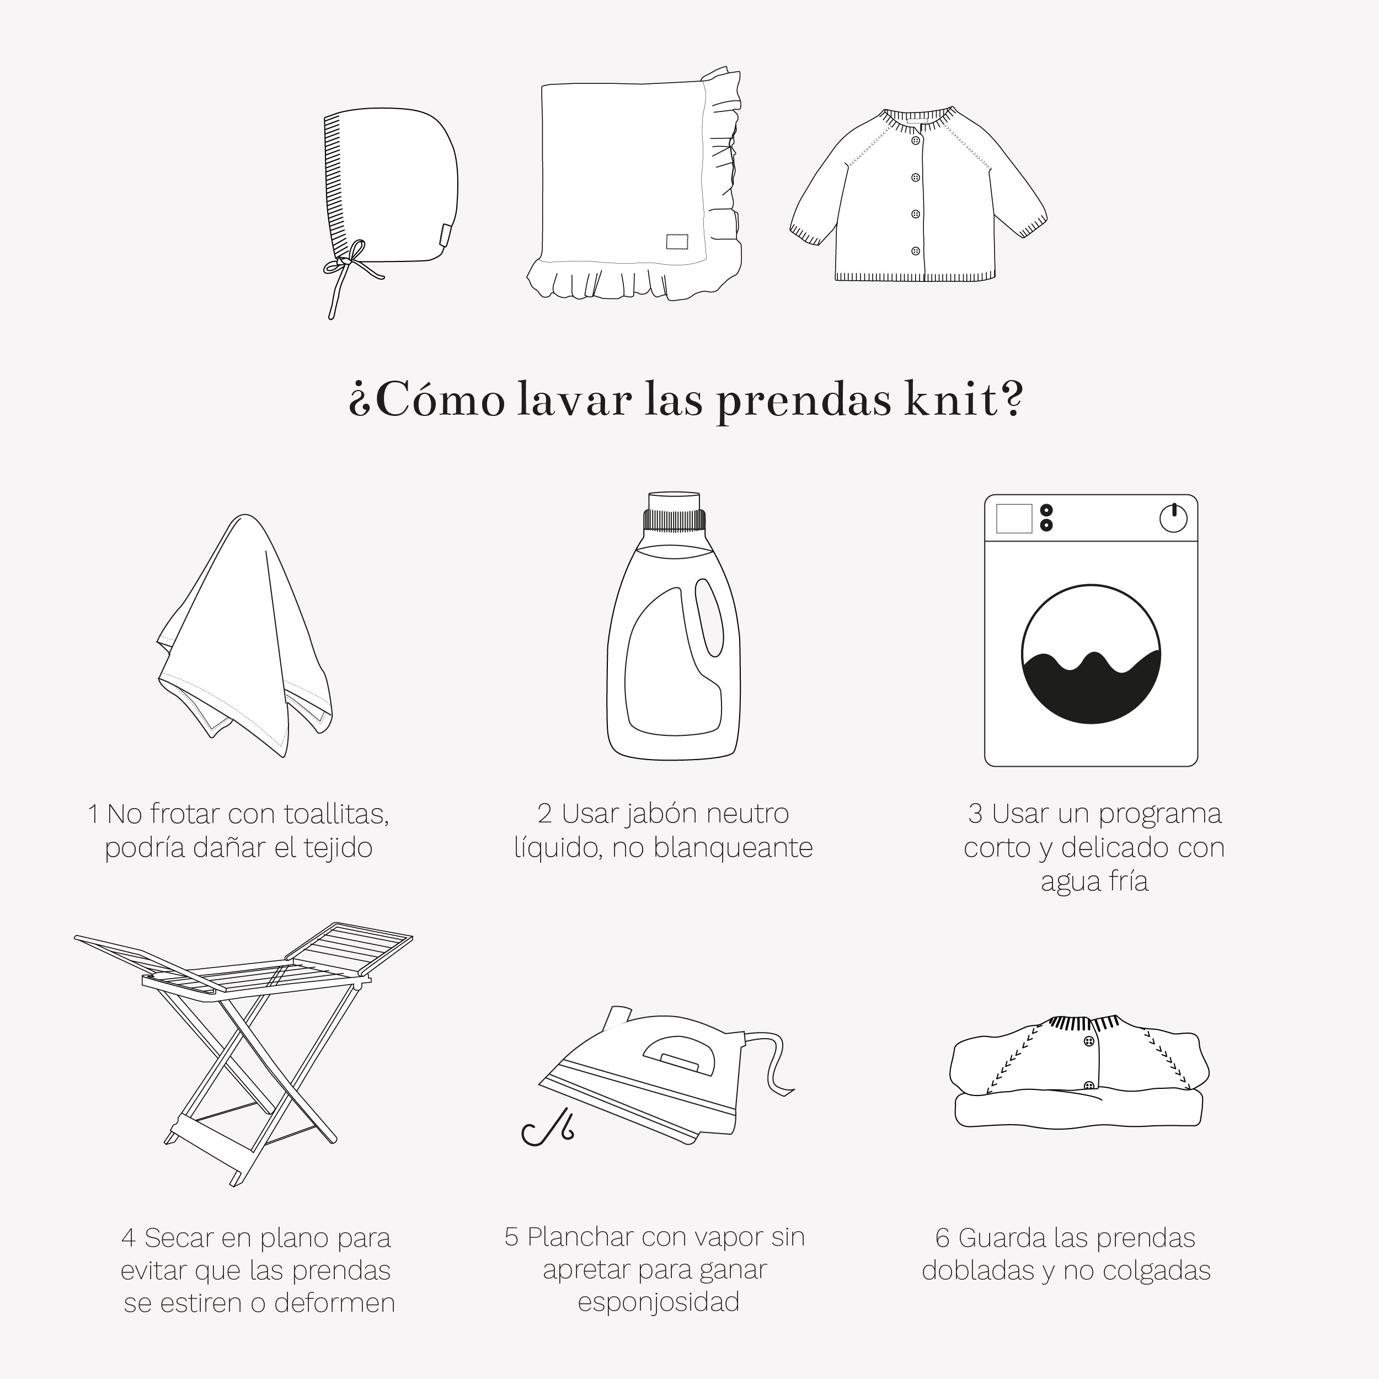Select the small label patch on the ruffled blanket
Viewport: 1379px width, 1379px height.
(677, 241)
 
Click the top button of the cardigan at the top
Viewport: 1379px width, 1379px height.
(916, 141)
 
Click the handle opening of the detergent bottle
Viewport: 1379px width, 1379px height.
(709, 617)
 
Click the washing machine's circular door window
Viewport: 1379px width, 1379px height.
(1091, 654)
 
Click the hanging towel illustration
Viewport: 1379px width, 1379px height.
(245, 635)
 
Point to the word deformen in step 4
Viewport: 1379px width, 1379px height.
(334, 1303)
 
